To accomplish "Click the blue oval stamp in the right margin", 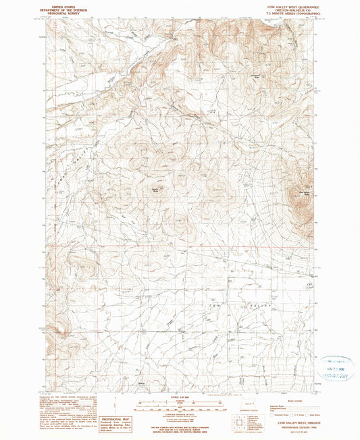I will (336, 367).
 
